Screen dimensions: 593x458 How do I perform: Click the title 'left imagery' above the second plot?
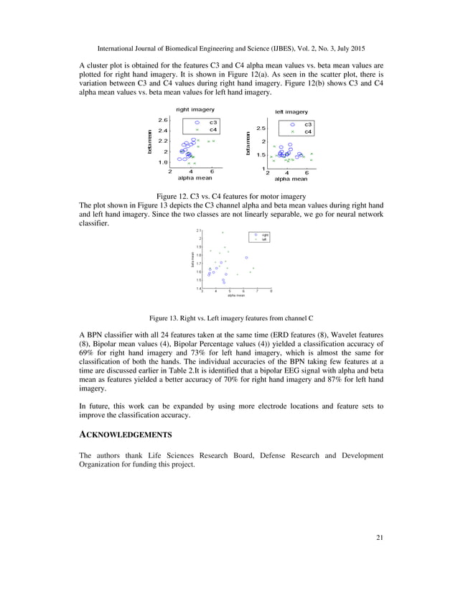291,112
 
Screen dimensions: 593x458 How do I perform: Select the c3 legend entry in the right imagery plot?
213,123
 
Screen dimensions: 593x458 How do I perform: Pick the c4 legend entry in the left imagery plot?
307,131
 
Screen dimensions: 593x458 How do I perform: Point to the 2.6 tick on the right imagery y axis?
164,121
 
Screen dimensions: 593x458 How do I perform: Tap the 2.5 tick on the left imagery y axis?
261,129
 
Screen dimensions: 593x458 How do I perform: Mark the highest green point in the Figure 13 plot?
223,233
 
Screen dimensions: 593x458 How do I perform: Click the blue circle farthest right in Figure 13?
246,258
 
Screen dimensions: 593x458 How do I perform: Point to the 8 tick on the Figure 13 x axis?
271,291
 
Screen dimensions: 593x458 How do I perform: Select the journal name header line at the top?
229,49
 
